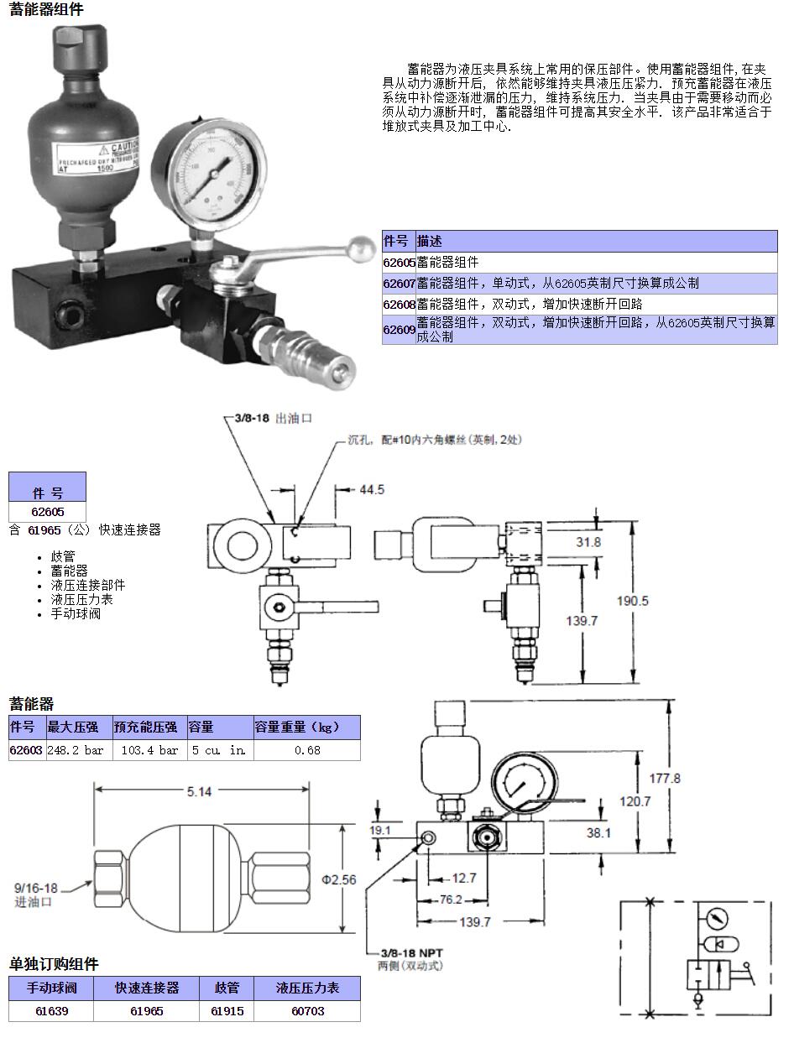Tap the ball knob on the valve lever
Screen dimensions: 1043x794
(362, 248)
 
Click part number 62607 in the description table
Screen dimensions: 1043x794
(400, 284)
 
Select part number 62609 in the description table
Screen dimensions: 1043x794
(400, 330)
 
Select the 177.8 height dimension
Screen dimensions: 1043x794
(665, 778)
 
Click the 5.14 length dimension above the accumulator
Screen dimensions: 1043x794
(199, 791)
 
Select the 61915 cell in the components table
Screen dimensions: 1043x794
(227, 1011)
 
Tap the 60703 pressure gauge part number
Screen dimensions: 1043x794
(307, 1011)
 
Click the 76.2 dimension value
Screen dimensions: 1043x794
(451, 900)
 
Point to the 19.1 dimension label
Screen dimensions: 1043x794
(382, 831)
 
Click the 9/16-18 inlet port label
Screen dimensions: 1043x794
(36, 888)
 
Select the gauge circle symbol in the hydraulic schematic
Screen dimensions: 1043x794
(718, 915)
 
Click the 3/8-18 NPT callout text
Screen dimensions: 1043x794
(410, 953)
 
